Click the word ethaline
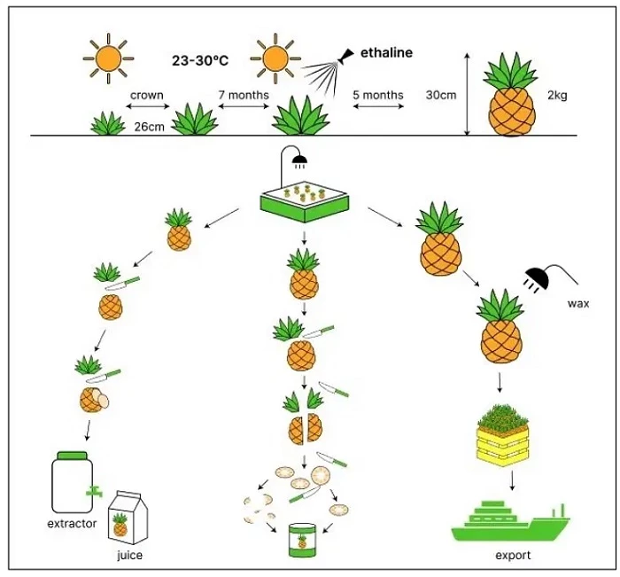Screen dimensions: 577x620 click(x=386, y=53)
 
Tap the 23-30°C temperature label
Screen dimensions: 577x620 click(x=199, y=62)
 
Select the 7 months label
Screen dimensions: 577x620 click(x=244, y=95)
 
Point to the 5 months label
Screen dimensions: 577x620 click(x=378, y=95)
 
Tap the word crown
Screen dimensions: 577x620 click(x=147, y=95)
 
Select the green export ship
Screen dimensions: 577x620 click(x=509, y=523)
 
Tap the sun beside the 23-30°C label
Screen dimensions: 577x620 click(x=108, y=59)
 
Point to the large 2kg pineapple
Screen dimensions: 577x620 click(x=510, y=97)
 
